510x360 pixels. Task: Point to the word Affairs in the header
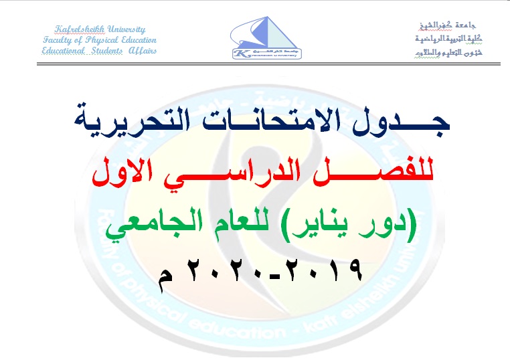click(x=142, y=51)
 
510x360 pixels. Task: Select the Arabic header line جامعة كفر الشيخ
click(x=440, y=27)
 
